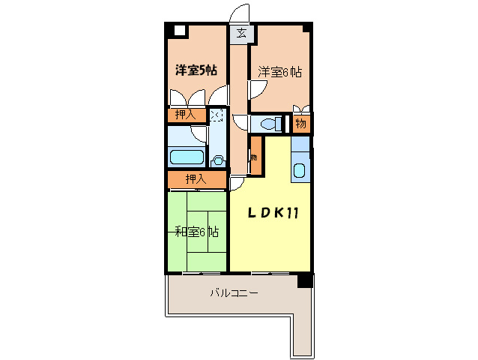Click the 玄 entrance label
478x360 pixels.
pyautogui.click(x=240, y=33)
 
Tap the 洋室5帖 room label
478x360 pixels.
pyautogui.click(x=196, y=71)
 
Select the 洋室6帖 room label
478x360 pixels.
pyautogui.click(x=280, y=72)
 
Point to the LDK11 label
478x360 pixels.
pyautogui.click(x=274, y=212)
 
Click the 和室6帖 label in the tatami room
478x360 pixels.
pyautogui.click(x=196, y=232)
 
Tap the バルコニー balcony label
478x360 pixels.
pyautogui.click(x=233, y=292)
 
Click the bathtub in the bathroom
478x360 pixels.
pyautogui.click(x=187, y=157)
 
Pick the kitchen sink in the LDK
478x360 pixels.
pyautogui.click(x=300, y=170)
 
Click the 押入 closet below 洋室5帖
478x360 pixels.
pyautogui.click(x=185, y=115)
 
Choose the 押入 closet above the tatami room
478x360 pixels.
pyautogui.click(x=196, y=179)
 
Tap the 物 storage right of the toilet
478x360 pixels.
pyautogui.click(x=300, y=124)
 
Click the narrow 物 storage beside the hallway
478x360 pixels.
pyautogui.click(x=255, y=157)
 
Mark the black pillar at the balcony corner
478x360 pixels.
pyautogui.click(x=304, y=280)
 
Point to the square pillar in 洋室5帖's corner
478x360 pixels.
pyautogui.click(x=179, y=31)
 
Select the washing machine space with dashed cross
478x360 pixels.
pyautogui.click(x=217, y=115)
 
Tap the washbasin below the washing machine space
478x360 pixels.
pyautogui.click(x=217, y=159)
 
